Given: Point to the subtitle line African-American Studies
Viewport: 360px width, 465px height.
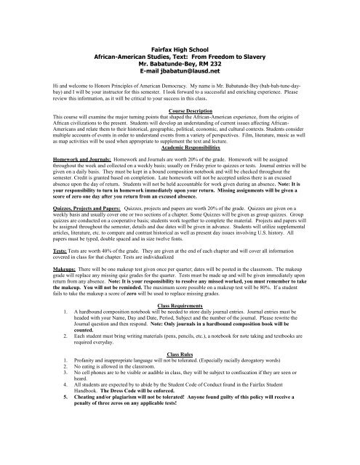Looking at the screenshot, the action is point(180,34).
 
